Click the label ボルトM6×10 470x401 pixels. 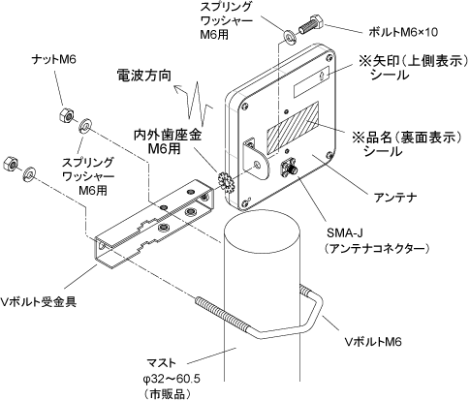point(403,32)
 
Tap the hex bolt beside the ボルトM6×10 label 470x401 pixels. point(312,24)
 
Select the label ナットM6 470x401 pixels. point(54,59)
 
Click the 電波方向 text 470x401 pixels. point(143,76)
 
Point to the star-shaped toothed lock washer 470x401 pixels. point(226,182)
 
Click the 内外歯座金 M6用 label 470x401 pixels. point(168,142)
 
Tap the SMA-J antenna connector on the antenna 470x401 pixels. point(289,169)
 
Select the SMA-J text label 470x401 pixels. point(345,232)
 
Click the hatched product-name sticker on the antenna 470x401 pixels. point(293,127)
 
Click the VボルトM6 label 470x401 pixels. point(373,341)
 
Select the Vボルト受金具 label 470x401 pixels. point(39,301)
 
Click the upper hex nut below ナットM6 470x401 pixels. point(67,115)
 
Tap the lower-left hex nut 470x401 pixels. point(11,163)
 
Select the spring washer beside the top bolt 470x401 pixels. point(289,36)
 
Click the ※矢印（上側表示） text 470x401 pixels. point(413,61)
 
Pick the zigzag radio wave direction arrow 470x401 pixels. point(194,102)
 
